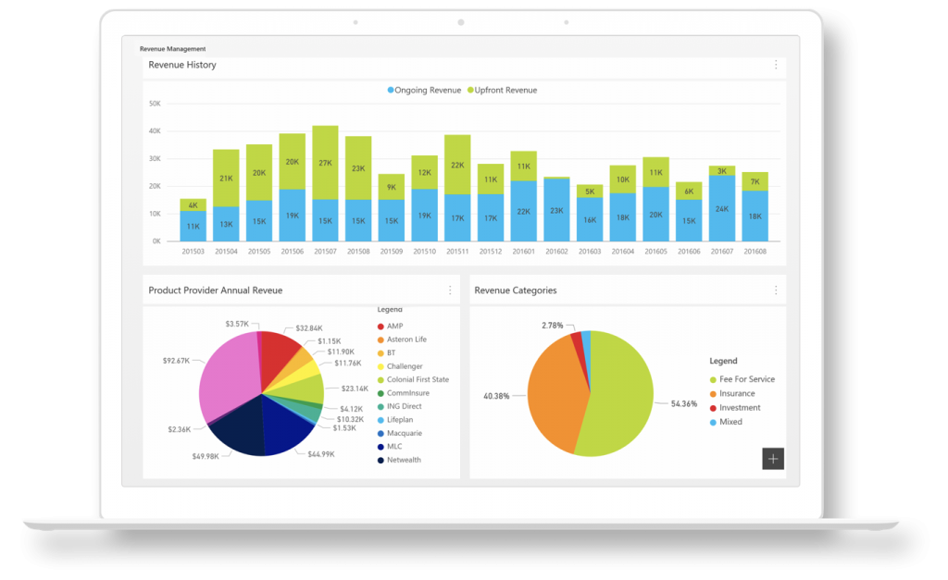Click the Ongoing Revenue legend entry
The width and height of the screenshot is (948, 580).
pyautogui.click(x=425, y=91)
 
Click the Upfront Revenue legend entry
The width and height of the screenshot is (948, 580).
pyautogui.click(x=505, y=91)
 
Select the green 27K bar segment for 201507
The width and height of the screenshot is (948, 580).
pyautogui.click(x=325, y=163)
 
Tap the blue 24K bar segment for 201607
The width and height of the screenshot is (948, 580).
pyautogui.click(x=722, y=208)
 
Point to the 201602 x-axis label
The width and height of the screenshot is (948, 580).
pyautogui.click(x=557, y=251)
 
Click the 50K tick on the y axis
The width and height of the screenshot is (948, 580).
pyautogui.click(x=155, y=104)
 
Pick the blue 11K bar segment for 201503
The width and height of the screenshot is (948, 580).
pyautogui.click(x=193, y=226)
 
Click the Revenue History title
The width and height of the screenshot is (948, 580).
pyautogui.click(x=182, y=65)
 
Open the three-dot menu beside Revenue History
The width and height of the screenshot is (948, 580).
pyautogui.click(x=776, y=65)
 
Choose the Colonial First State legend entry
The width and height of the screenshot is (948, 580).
pyautogui.click(x=418, y=379)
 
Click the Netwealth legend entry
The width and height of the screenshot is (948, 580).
pyautogui.click(x=404, y=460)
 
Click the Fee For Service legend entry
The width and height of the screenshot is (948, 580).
pyautogui.click(x=746, y=379)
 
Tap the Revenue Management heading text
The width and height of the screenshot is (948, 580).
pyautogui.click(x=173, y=48)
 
